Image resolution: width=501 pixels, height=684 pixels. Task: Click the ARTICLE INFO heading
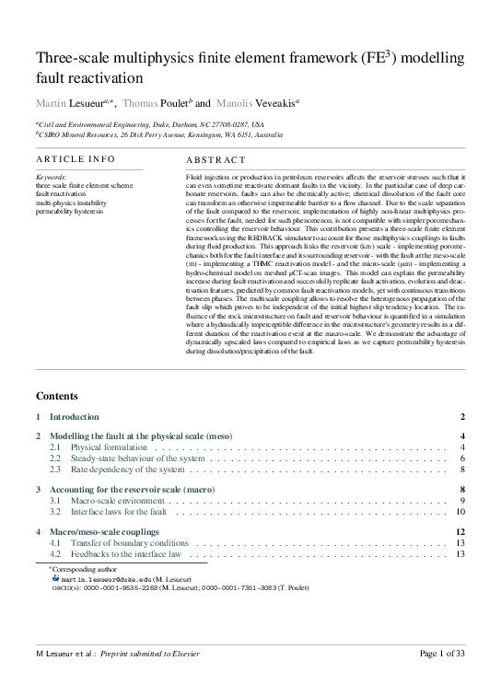[x=75, y=159]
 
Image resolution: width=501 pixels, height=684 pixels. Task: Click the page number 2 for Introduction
[x=463, y=417]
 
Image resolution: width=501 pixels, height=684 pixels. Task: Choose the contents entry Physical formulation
[x=108, y=446]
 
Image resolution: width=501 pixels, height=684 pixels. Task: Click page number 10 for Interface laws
[x=460, y=511]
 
